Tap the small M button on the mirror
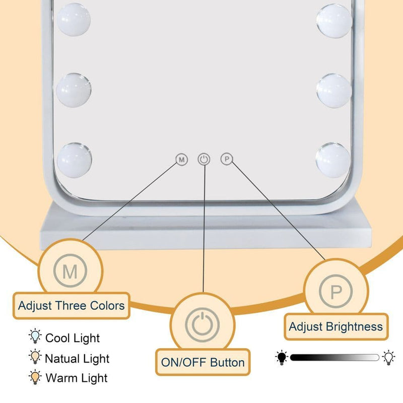(182, 160)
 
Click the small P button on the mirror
(227, 159)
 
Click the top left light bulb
(74, 20)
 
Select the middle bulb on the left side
(74, 90)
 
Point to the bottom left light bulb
(74, 160)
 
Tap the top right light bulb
(334, 21)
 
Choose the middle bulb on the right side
(334, 91)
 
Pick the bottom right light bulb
(333, 160)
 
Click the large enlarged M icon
(70, 271)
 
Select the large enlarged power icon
(203, 325)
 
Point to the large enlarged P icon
(335, 291)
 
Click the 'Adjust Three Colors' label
(72, 306)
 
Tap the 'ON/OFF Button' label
(203, 362)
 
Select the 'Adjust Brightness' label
(336, 326)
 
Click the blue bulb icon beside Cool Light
(35, 336)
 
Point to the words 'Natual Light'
(77, 359)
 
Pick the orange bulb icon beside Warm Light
(35, 377)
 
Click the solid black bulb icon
(282, 358)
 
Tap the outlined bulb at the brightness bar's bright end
(388, 358)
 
